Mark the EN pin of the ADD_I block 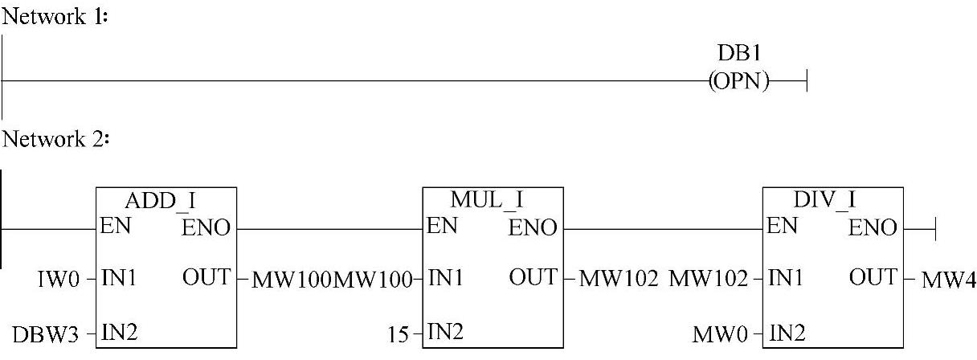(112, 227)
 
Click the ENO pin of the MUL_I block (533, 229)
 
